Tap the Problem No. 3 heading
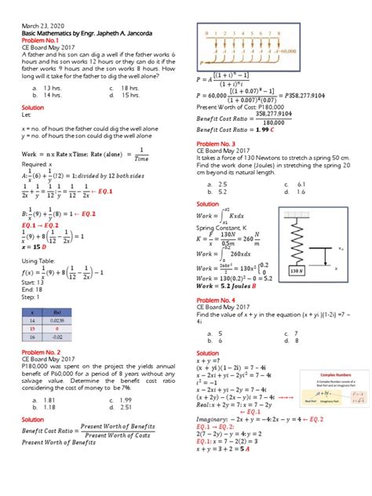coord(216,144)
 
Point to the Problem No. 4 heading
coord(216,300)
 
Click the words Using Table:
coord(38,260)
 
